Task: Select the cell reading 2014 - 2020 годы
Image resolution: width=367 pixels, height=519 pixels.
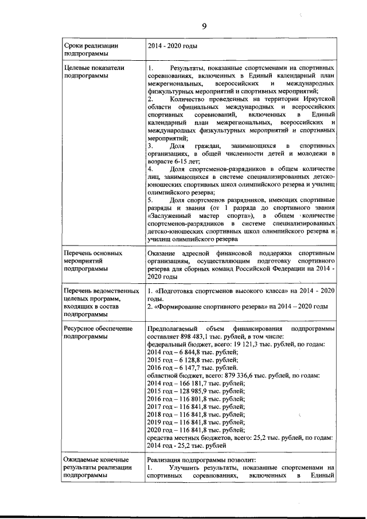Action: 173,45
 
